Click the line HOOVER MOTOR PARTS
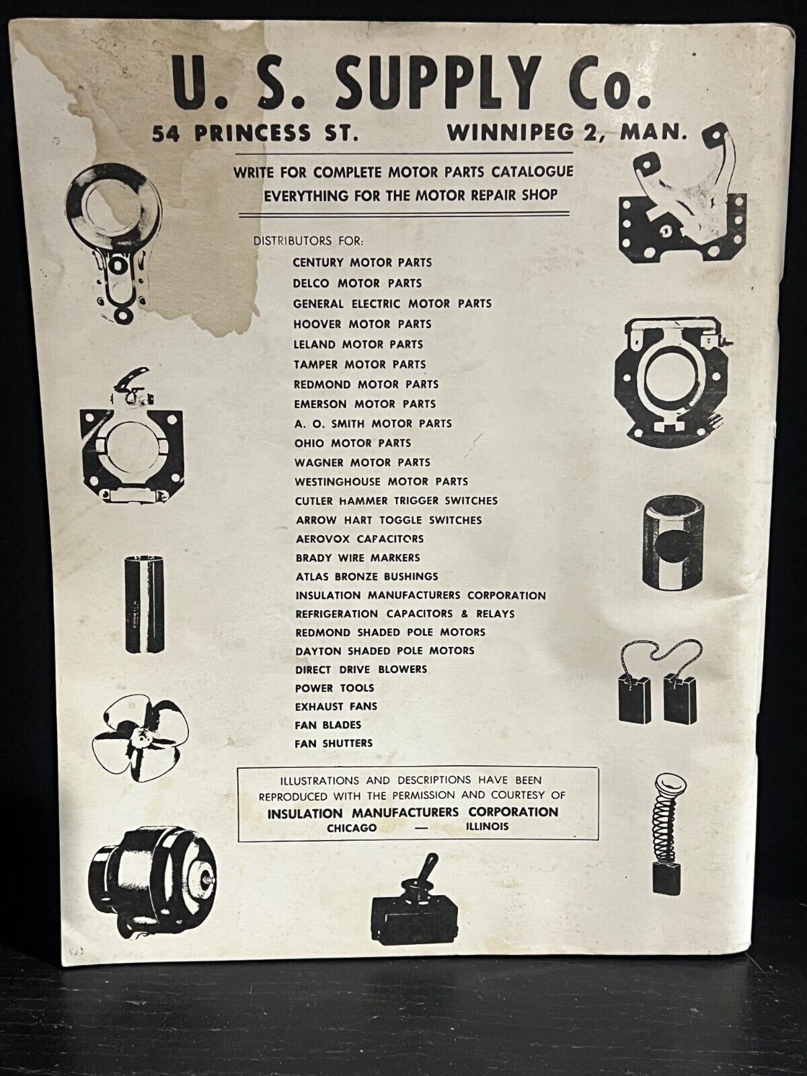(x=362, y=324)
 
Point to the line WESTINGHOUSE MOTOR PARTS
(x=381, y=482)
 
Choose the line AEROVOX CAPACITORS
(x=360, y=539)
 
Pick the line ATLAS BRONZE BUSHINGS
(x=367, y=576)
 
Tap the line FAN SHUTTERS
(x=333, y=743)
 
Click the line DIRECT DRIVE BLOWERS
(x=360, y=669)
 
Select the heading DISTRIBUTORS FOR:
(x=308, y=241)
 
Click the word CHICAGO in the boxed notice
(x=352, y=828)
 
